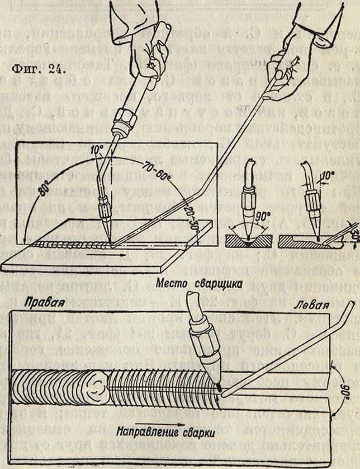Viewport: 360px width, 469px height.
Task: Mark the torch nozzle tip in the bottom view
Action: click(x=218, y=388)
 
